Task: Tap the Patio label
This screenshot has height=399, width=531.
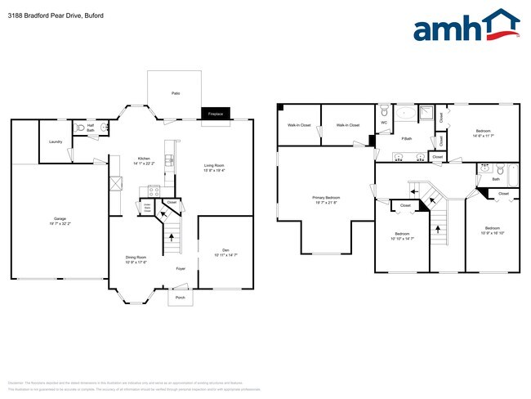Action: [176, 93]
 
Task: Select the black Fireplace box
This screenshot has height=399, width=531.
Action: [216, 114]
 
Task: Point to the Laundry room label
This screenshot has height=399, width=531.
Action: [56, 141]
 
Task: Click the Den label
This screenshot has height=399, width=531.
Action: [226, 249]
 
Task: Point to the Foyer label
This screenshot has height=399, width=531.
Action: [181, 267]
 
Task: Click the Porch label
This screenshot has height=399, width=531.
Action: [180, 298]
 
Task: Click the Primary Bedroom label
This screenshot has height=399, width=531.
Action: [325, 198]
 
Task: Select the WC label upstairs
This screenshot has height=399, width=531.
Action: [384, 123]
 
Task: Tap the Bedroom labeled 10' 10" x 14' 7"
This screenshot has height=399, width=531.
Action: [402, 235]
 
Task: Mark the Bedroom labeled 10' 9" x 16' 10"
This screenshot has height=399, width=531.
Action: [492, 230]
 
